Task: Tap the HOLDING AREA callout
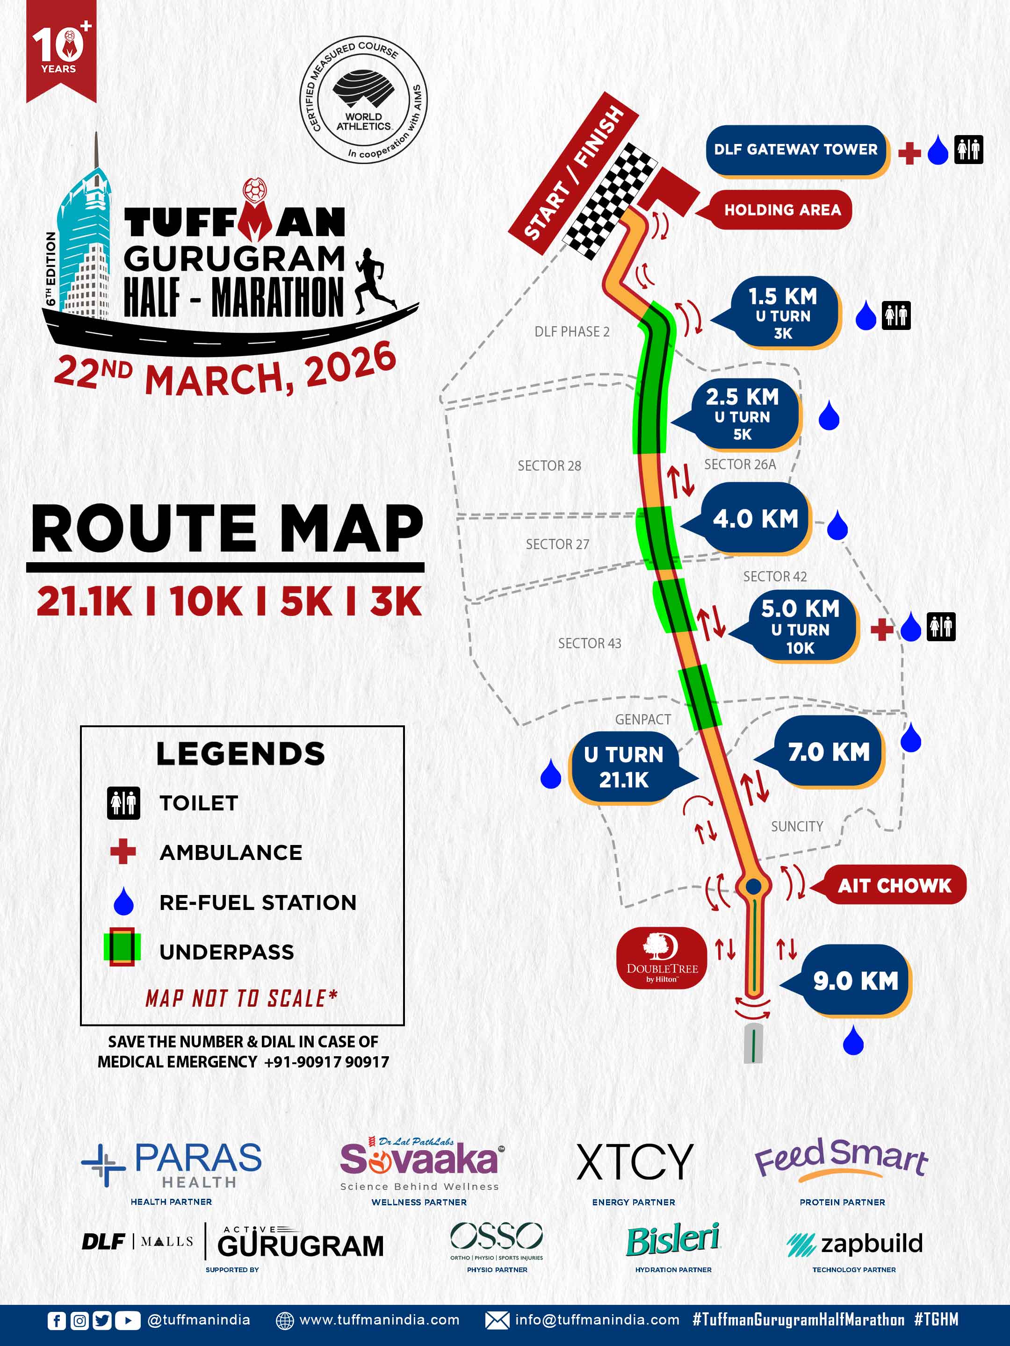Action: (x=782, y=210)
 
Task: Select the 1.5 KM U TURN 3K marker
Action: (x=783, y=314)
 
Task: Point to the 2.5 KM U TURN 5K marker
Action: (x=743, y=415)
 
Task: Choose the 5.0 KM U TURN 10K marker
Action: (x=800, y=627)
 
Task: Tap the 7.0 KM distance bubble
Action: (x=829, y=752)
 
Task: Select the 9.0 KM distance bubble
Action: (x=855, y=981)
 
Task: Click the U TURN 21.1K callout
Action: (x=623, y=767)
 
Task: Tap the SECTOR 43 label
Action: (x=589, y=643)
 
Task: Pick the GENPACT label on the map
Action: (x=642, y=719)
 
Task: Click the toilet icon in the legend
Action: (x=123, y=803)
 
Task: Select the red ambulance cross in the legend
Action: (x=123, y=852)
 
